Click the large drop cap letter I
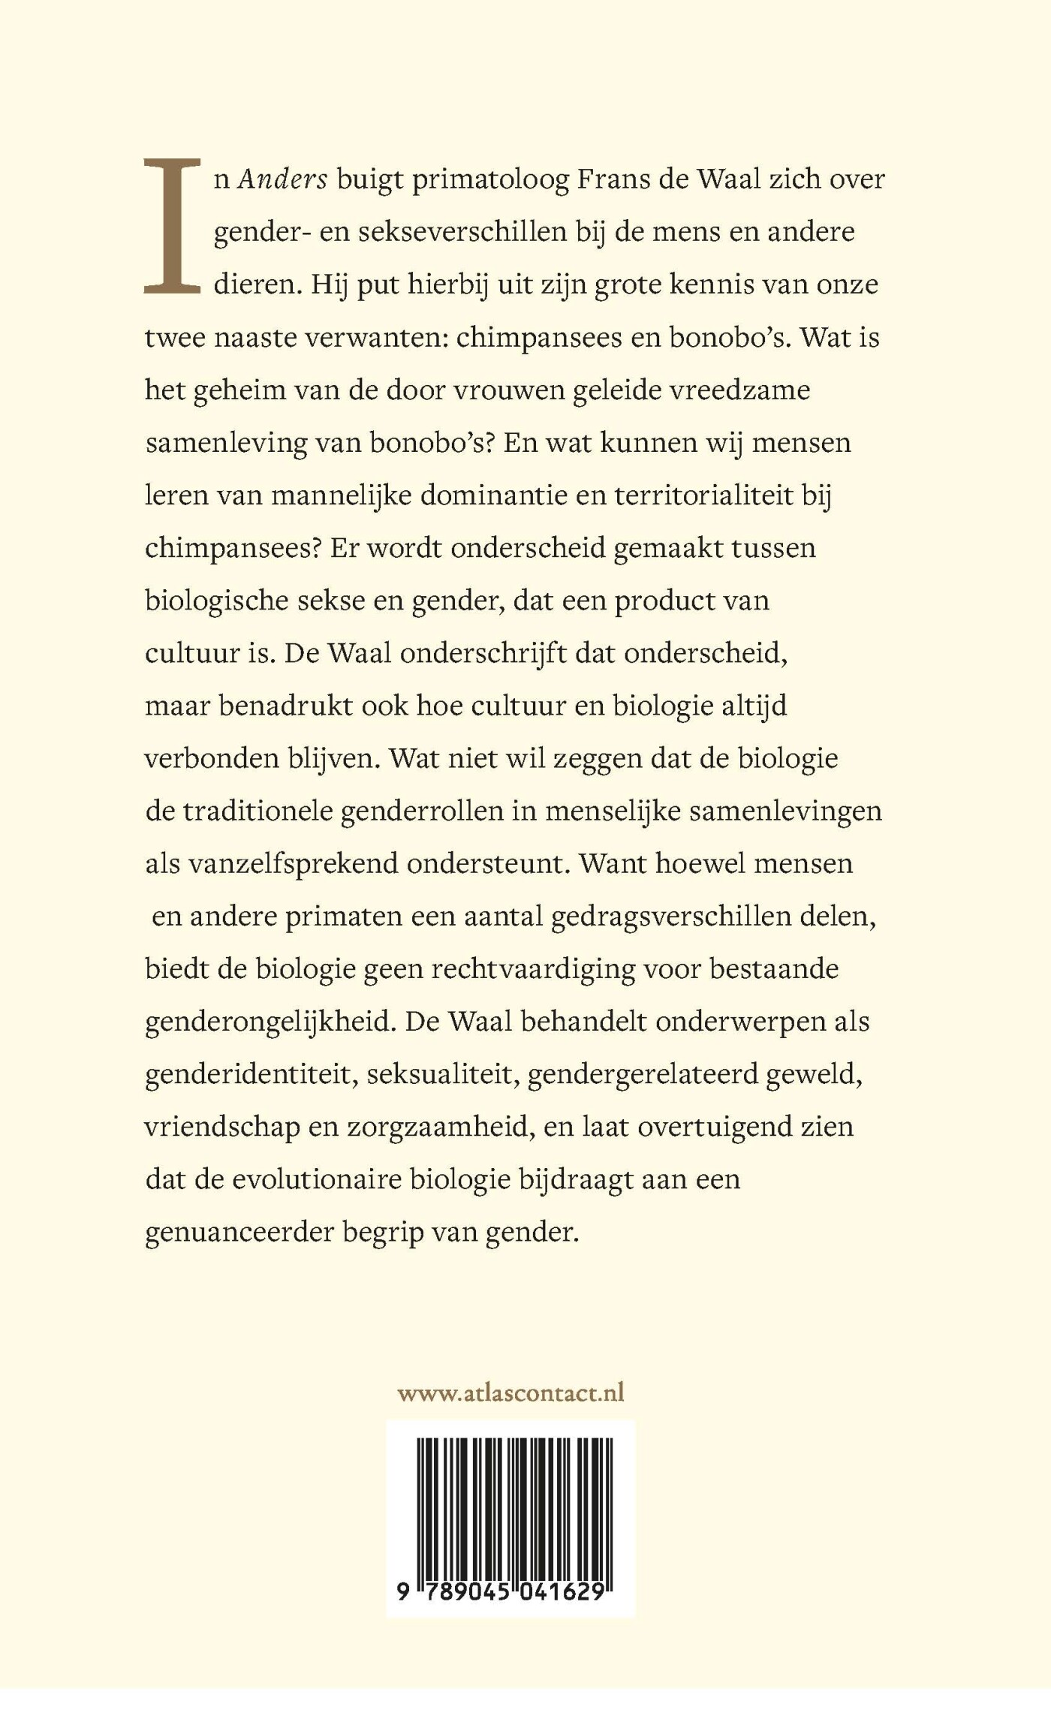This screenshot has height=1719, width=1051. (172, 225)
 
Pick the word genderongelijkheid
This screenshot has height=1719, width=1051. (270, 1022)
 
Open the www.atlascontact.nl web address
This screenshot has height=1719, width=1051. (510, 1393)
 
